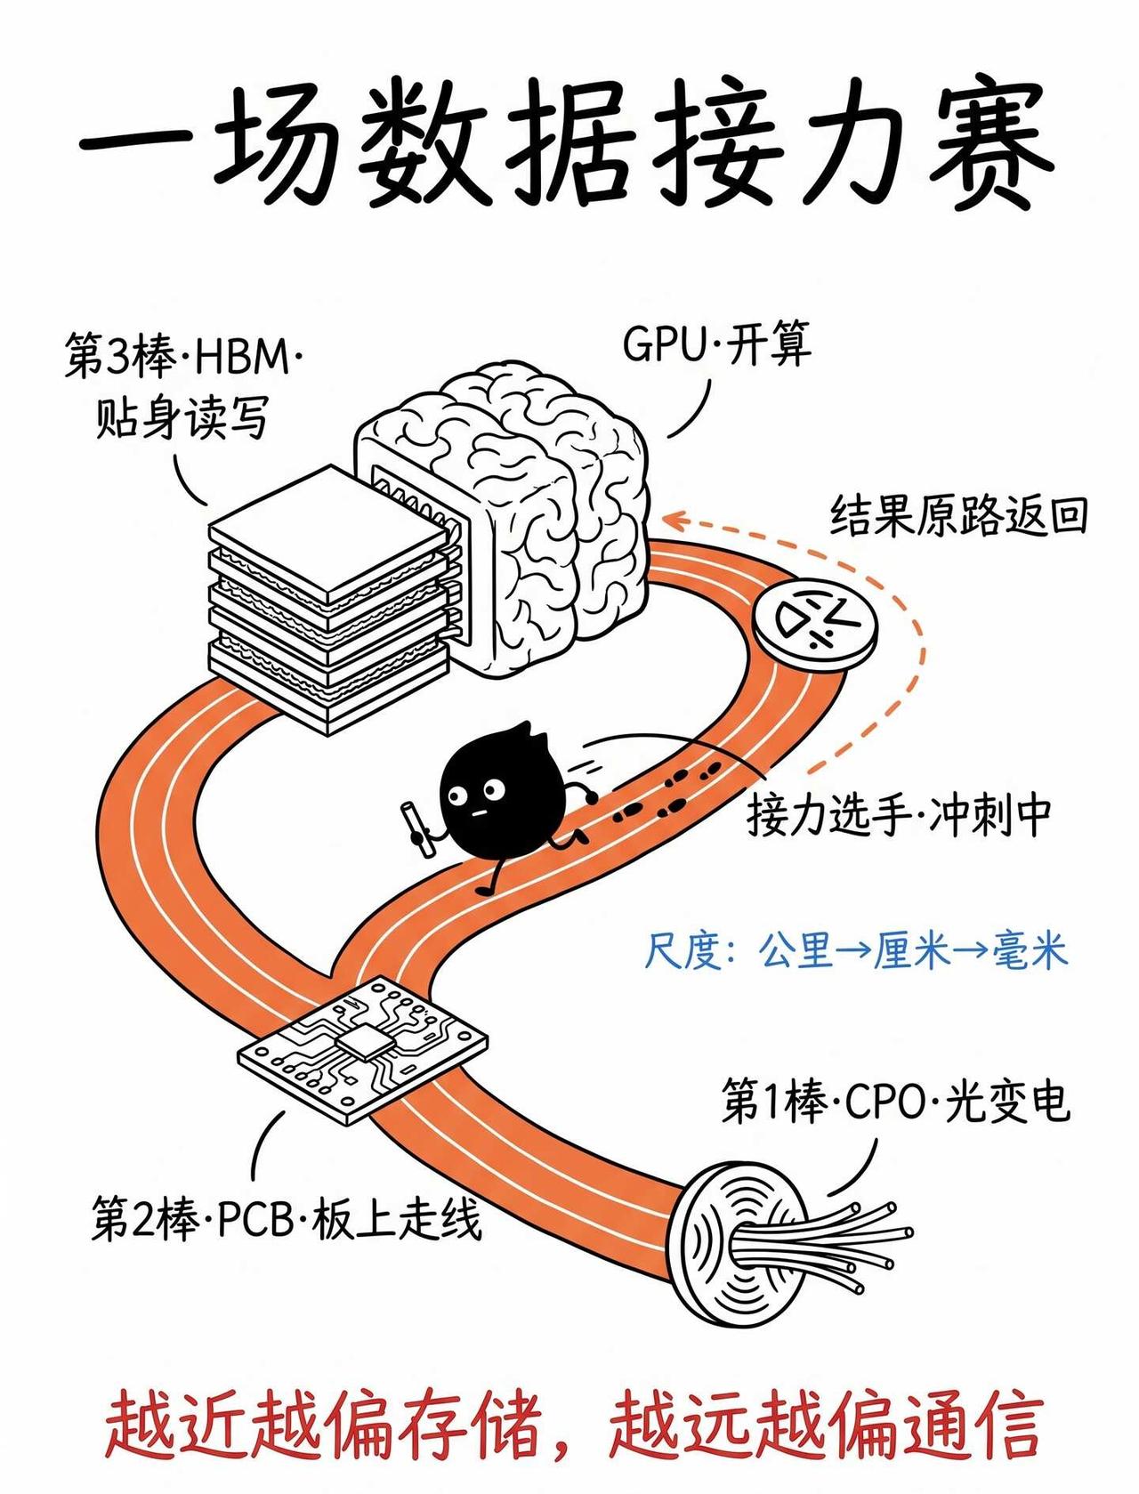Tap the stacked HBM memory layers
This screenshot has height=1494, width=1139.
click(x=330, y=599)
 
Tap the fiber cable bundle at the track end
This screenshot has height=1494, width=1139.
click(x=789, y=1247)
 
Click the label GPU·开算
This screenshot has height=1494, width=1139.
click(x=717, y=344)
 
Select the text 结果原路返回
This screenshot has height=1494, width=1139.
click(x=958, y=516)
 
